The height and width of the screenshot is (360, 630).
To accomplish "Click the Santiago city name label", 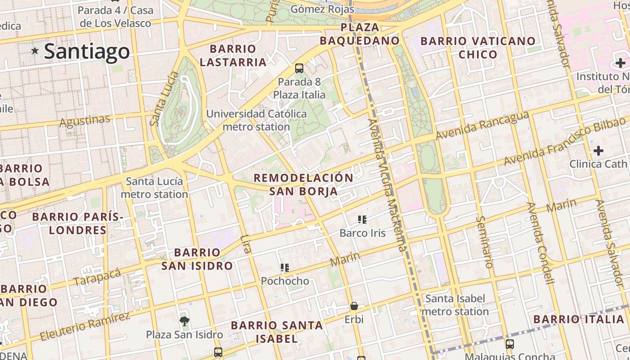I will coord(87,51).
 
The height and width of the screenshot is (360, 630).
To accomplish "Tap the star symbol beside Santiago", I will coord(35,51).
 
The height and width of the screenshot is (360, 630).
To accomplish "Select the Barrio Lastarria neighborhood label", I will coord(233,55).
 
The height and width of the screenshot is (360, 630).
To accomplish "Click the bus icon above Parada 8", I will coord(299,68).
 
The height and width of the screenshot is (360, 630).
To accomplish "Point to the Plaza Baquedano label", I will coord(360,34).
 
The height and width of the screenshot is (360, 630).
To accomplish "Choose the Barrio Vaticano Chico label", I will coord(478,48).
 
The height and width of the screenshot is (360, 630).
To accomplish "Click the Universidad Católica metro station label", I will coord(256,120).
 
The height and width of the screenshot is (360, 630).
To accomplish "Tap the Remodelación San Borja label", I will coord(304,184).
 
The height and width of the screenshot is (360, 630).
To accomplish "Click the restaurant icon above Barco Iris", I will coord(362,220).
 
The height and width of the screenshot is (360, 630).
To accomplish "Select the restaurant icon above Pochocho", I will coord(285,268).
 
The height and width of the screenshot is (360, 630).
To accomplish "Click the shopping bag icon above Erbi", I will coord(354,306).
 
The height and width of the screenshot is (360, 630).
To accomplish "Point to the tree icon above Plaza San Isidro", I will coord(184,321).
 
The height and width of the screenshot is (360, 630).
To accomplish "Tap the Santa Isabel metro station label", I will coord(455,305).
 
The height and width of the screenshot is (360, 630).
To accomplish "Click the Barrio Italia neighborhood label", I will coord(579,319).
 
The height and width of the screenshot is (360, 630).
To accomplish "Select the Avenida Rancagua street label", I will coord(482,126).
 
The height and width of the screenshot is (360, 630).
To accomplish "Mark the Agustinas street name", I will coord(85,121).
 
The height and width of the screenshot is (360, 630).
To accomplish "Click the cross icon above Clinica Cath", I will coord(598,151).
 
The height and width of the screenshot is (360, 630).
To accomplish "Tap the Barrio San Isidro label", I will coord(197,259).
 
